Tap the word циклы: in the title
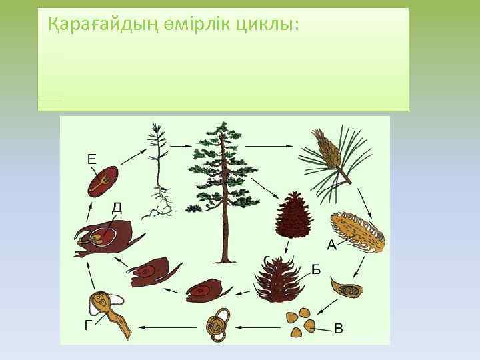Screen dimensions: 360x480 [265, 25]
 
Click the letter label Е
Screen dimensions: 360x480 [92, 159]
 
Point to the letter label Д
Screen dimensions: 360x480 [117, 207]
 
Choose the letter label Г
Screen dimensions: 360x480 [89, 325]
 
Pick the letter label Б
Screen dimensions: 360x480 [317, 269]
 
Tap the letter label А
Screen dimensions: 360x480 [331, 245]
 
